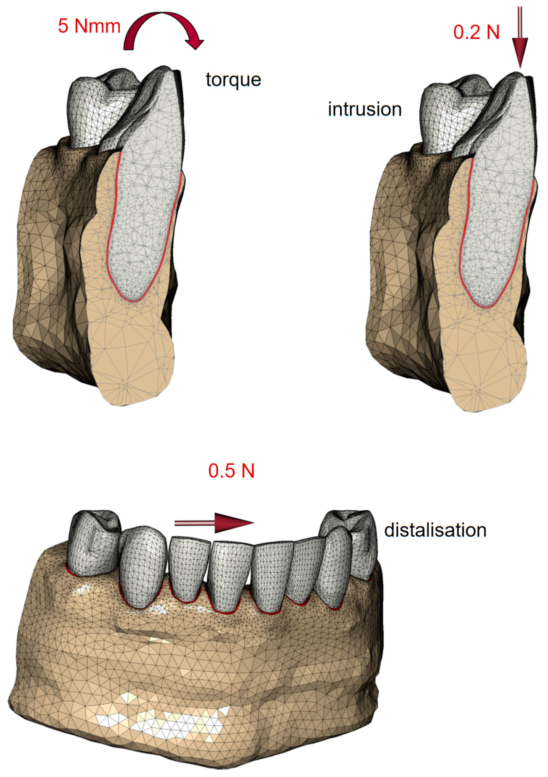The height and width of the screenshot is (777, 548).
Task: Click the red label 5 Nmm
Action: (x=89, y=26)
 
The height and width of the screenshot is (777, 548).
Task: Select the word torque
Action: (x=233, y=80)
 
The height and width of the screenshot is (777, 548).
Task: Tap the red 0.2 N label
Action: (x=476, y=33)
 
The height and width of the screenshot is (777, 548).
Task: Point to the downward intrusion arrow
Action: (x=520, y=37)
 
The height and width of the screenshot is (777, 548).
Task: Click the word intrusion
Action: (x=365, y=109)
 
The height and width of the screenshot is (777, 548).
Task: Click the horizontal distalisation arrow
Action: (x=214, y=523)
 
